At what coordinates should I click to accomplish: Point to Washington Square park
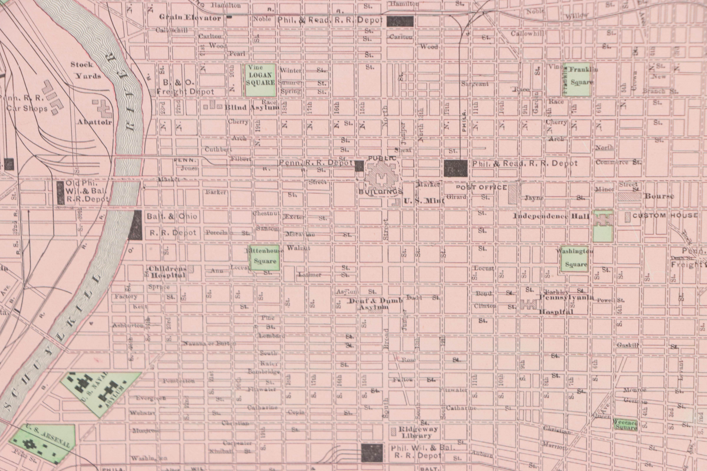pos(574,259)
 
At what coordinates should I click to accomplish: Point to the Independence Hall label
pos(551,216)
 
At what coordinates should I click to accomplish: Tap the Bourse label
pos(659,196)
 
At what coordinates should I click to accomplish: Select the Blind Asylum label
pos(252,107)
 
